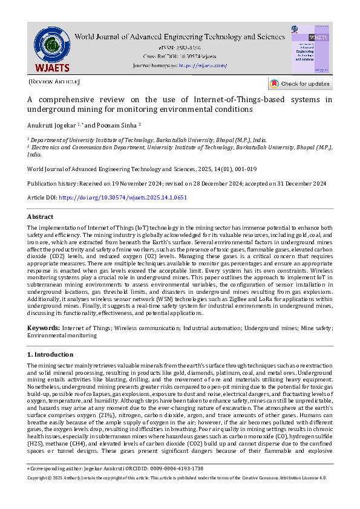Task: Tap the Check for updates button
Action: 300,84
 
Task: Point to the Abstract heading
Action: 41,216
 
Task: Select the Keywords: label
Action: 43,328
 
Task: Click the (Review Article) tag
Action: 54,81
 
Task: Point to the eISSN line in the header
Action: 180,47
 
